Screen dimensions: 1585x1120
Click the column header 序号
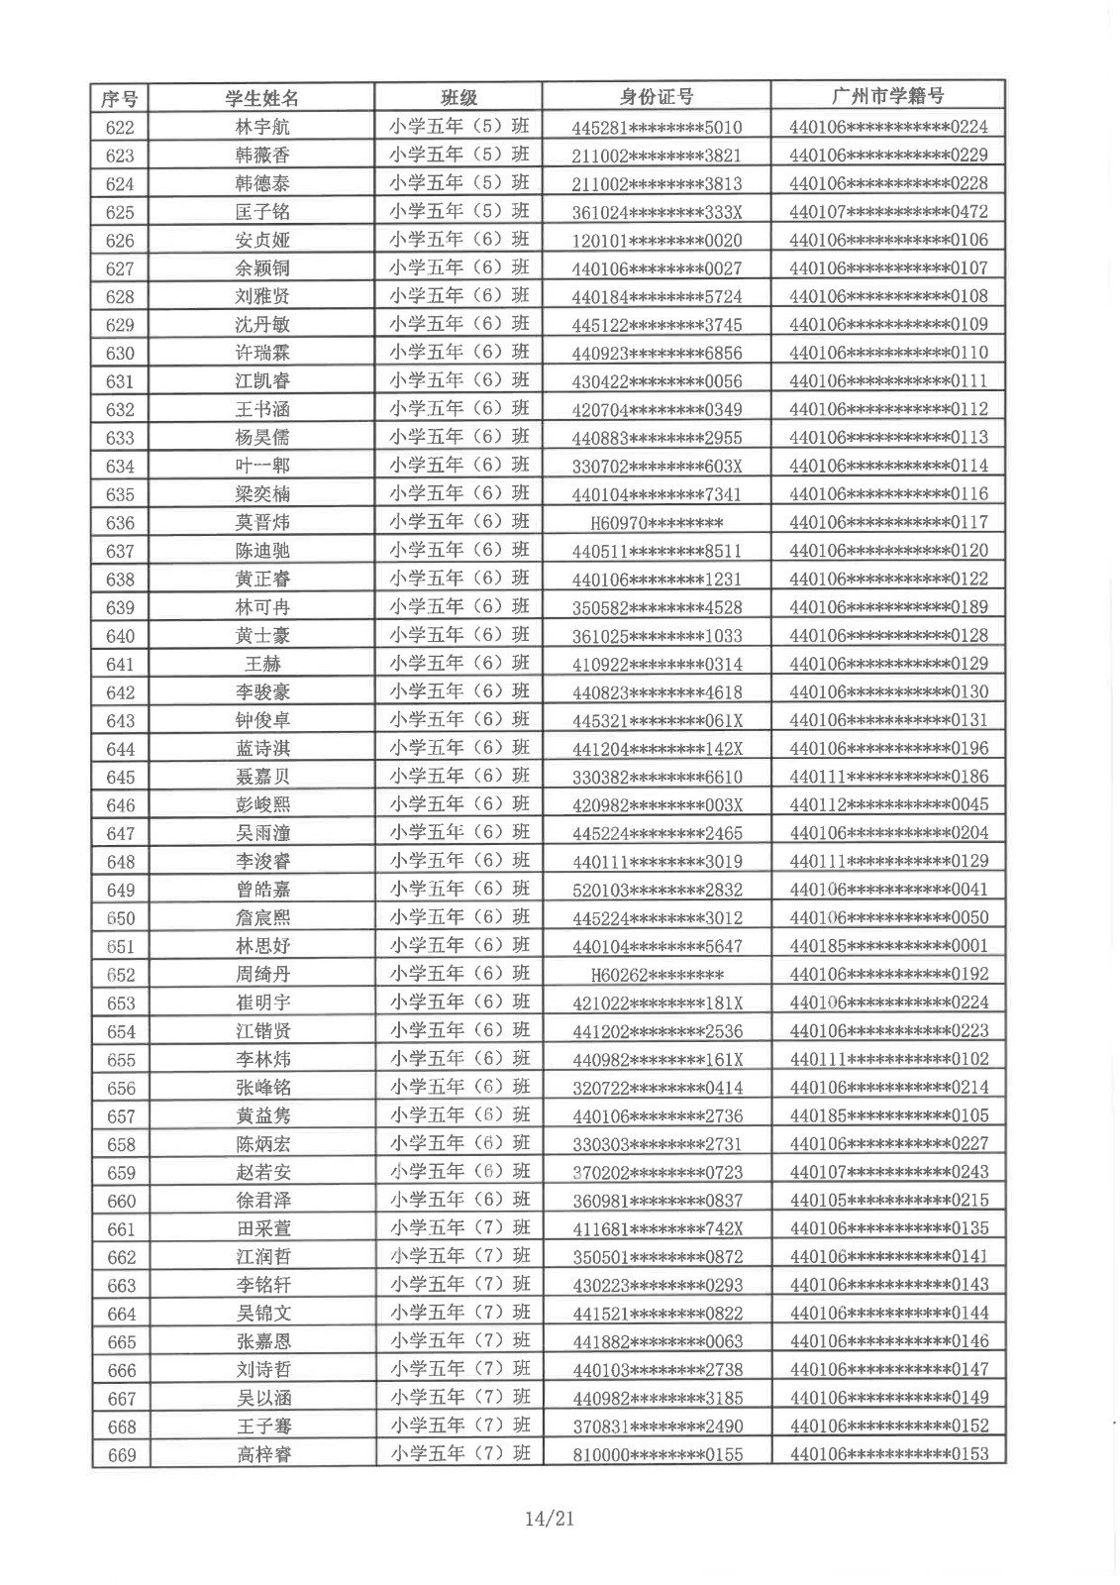120,98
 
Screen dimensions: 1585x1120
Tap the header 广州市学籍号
888,96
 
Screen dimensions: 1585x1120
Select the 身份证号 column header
657,97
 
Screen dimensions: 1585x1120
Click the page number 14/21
551,1518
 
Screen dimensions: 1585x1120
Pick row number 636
120,522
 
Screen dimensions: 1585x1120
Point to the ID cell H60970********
657,523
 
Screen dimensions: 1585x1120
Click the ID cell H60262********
657,975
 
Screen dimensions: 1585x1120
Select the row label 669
121,1454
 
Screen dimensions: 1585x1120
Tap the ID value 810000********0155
658,1455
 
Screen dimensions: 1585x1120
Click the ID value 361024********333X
657,212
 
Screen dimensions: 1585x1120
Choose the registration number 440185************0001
888,946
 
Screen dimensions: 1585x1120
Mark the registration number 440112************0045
888,804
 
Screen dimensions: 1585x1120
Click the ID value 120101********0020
657,241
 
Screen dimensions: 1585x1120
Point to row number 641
120,664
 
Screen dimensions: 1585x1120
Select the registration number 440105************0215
888,1200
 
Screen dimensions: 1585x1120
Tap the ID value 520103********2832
657,890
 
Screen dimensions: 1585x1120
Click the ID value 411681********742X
657,1229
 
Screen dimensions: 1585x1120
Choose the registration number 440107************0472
888,211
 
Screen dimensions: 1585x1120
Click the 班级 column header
458,97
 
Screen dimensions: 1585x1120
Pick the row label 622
120,127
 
